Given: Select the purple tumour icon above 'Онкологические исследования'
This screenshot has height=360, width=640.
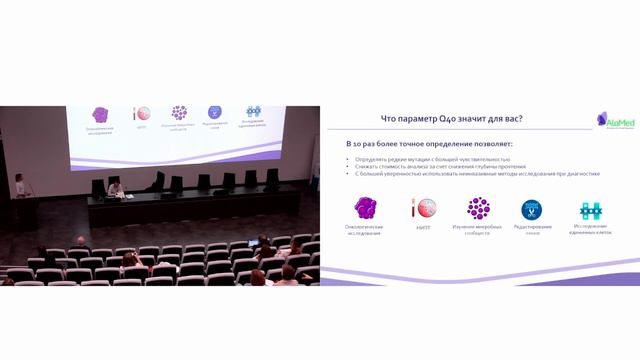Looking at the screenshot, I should [x=366, y=208].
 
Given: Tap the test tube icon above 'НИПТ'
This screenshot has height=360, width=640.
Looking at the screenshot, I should [x=423, y=208].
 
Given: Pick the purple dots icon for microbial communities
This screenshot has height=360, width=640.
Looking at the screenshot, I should [x=478, y=208].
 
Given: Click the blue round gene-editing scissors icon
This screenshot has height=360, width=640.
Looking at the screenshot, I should [x=531, y=209].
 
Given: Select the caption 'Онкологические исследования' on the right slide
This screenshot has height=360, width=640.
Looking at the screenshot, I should [x=365, y=229].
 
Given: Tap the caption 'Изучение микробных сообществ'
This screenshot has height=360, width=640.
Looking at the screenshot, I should [x=478, y=229].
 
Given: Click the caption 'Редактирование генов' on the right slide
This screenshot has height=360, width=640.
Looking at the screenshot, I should [x=532, y=229].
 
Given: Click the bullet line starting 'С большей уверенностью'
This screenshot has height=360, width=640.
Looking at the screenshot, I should [x=476, y=173].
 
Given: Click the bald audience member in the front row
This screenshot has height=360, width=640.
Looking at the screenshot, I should [x=81, y=242].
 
